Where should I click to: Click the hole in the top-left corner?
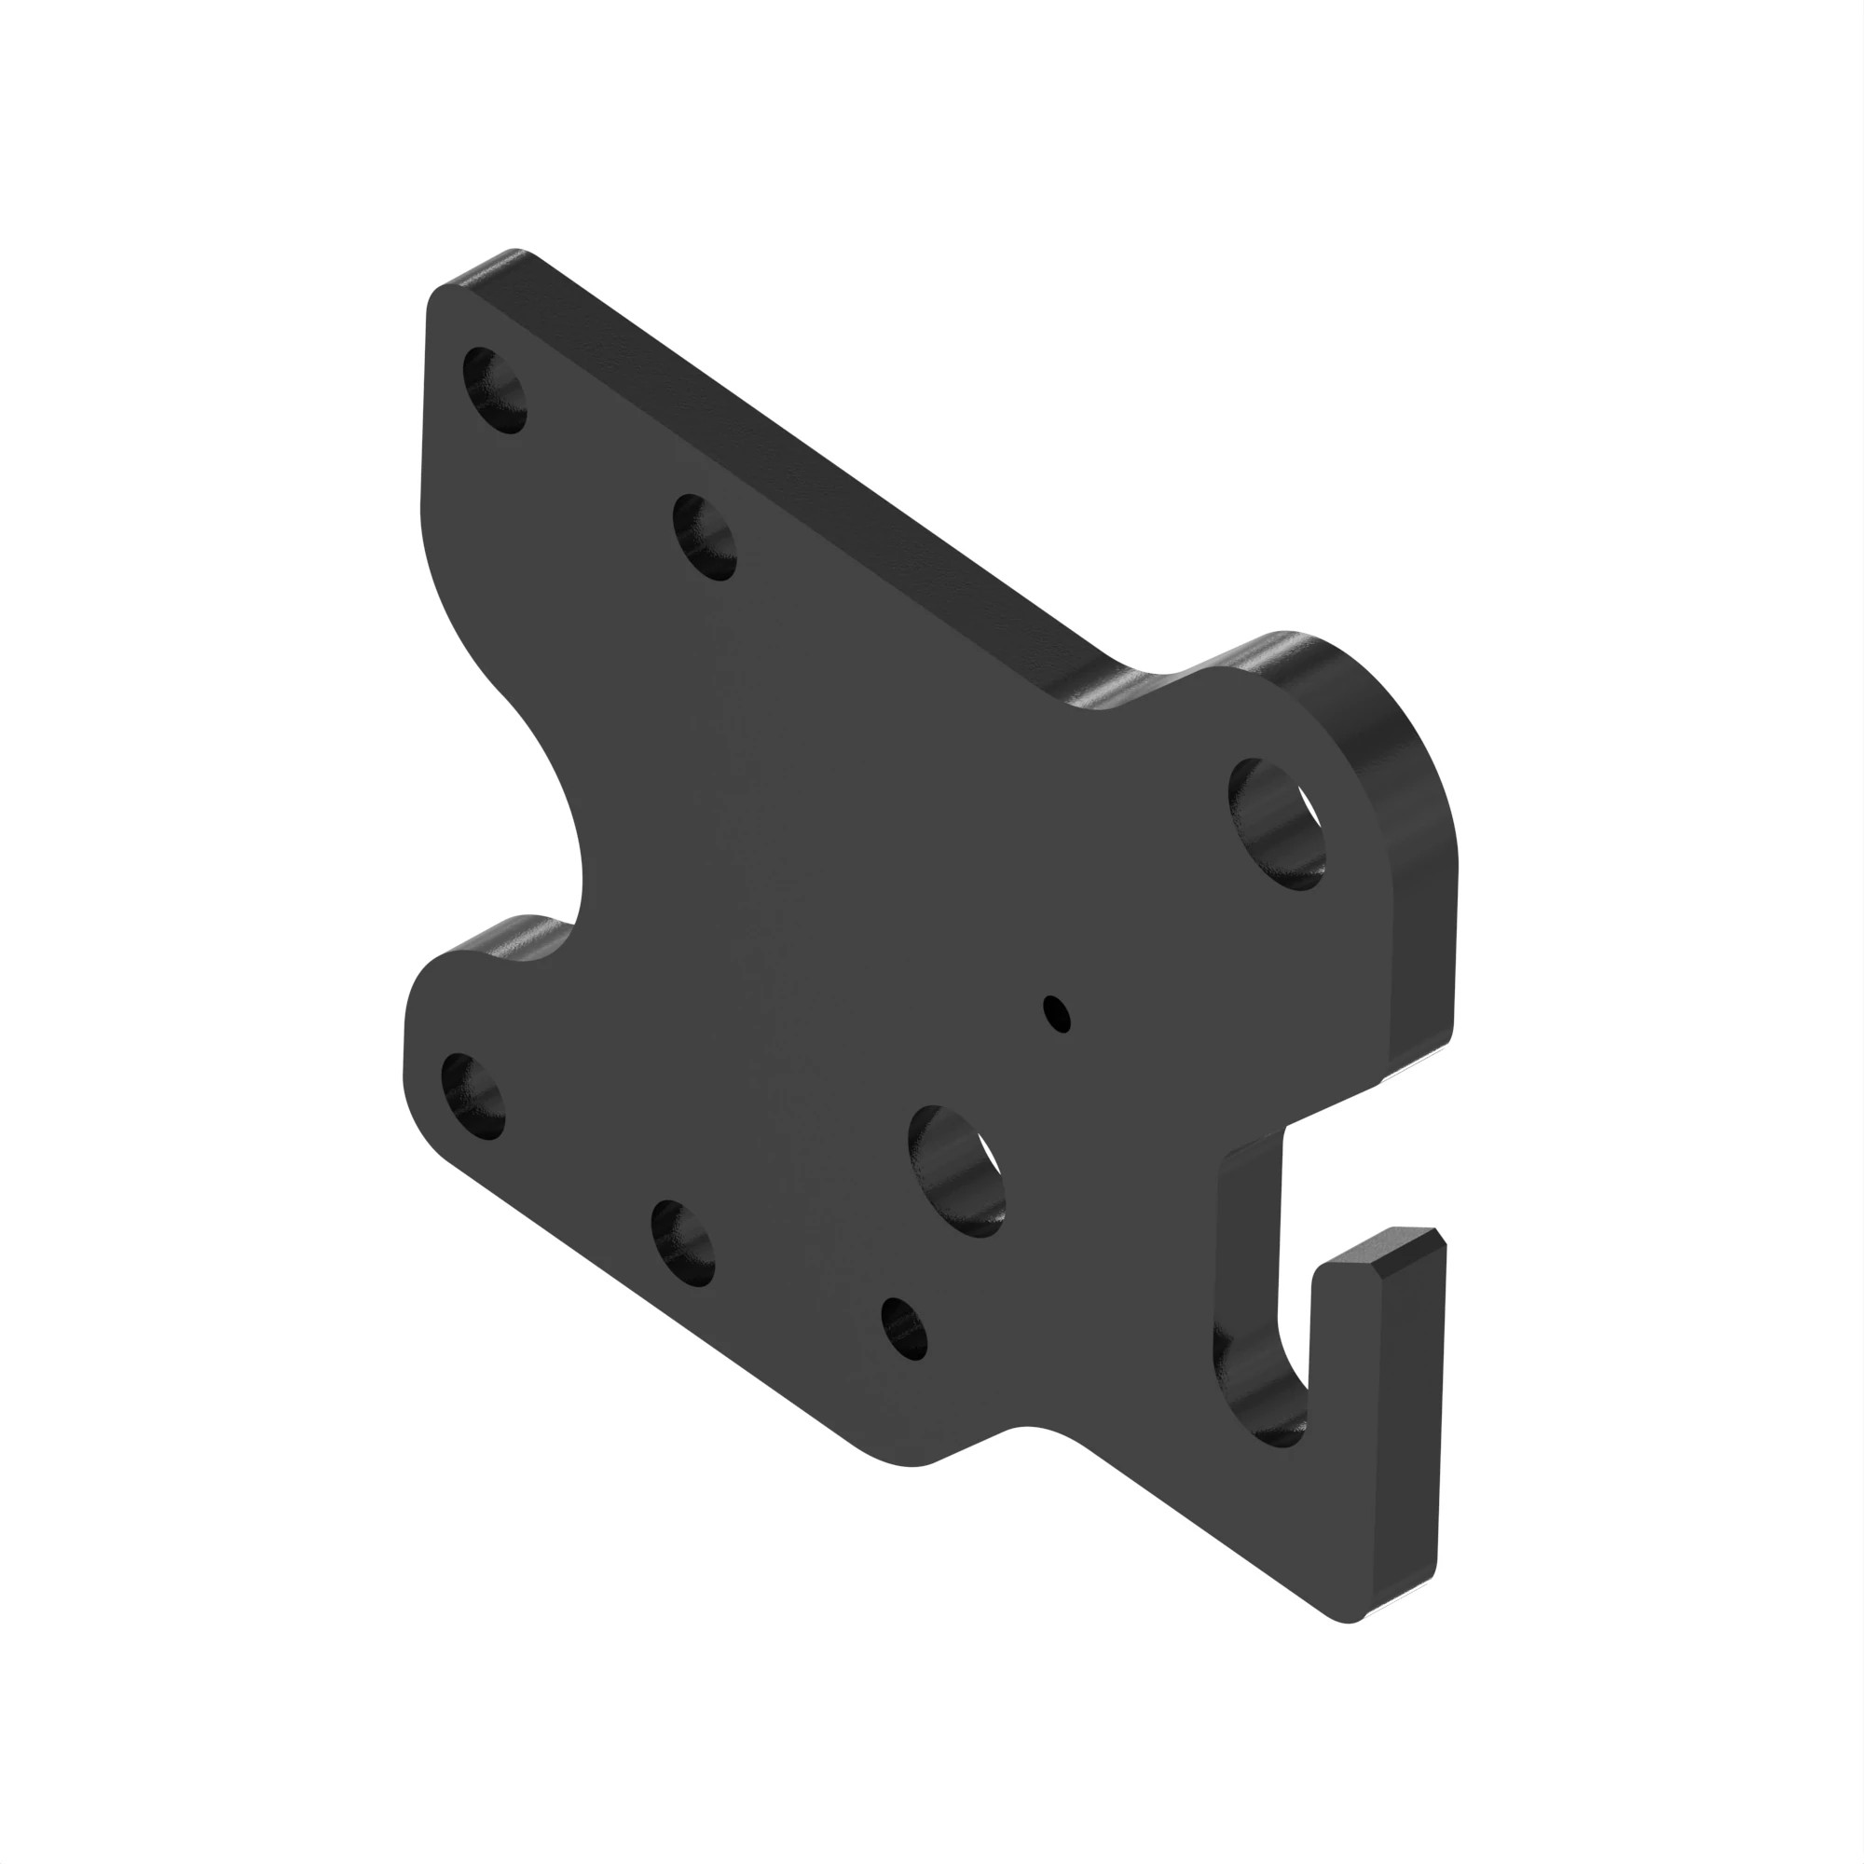(x=496, y=391)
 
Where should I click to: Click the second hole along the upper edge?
(x=705, y=537)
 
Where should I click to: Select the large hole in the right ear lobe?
(x=1276, y=823)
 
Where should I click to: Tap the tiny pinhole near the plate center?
(x=1058, y=1013)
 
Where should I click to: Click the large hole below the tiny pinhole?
(x=957, y=1170)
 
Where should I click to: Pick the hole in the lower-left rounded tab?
(x=473, y=1096)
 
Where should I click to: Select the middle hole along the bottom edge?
(x=683, y=1242)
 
